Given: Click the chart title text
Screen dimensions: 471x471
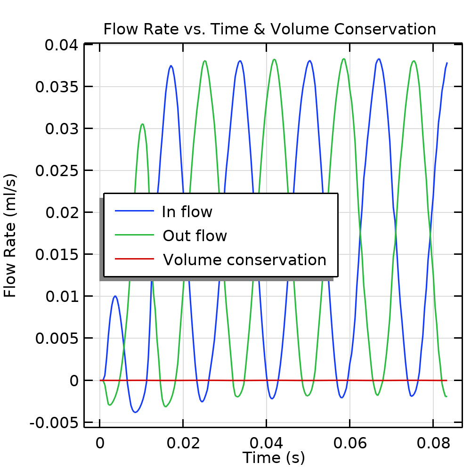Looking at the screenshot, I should [x=269, y=29].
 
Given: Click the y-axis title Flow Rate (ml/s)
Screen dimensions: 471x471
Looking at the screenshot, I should [x=10, y=235].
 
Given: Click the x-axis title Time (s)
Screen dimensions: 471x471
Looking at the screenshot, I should [x=274, y=457].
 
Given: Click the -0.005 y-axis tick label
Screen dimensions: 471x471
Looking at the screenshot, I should [x=54, y=422].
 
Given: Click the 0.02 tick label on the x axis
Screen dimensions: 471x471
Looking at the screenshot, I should [x=183, y=443].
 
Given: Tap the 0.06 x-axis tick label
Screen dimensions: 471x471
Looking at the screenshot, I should [x=349, y=443].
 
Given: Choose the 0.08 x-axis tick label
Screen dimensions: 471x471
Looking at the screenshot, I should [x=433, y=443].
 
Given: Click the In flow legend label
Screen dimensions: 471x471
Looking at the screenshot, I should [x=187, y=212].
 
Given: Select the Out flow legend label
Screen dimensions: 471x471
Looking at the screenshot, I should [x=195, y=235].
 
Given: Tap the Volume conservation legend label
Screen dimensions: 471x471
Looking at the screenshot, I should [x=244, y=260].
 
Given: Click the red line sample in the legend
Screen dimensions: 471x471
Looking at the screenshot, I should [x=135, y=259].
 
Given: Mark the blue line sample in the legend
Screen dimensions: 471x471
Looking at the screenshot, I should [x=135, y=211].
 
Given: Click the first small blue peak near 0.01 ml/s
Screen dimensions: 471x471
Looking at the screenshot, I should [x=115, y=296].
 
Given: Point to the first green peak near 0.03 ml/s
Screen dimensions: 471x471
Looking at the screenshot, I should [x=142, y=124].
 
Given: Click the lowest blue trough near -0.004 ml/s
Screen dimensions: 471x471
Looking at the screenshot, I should [x=135, y=412].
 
